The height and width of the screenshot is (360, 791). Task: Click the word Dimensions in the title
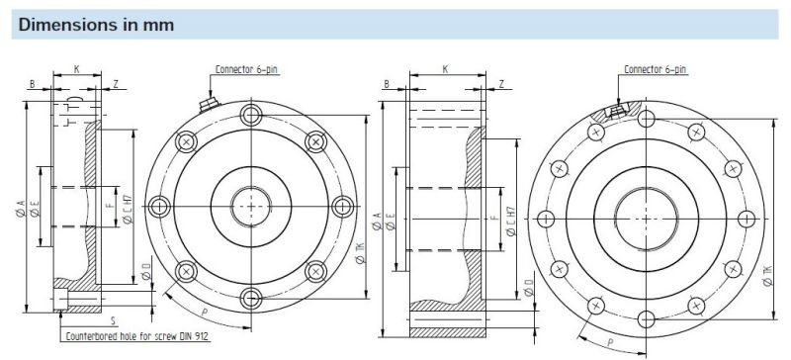pyautogui.click(x=57, y=25)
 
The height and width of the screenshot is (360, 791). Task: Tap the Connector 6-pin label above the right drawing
pyautogui.click(x=655, y=69)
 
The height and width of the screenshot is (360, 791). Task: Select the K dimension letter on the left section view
pyautogui.click(x=76, y=70)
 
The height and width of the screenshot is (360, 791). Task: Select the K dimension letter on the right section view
pyautogui.click(x=445, y=70)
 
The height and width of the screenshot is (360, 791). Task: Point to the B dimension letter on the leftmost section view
pyautogui.click(x=32, y=85)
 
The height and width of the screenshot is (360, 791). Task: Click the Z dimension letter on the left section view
pyautogui.click(x=116, y=85)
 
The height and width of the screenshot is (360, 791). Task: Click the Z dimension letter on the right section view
pyautogui.click(x=502, y=85)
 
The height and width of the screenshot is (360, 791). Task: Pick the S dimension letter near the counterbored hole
pyautogui.click(x=114, y=321)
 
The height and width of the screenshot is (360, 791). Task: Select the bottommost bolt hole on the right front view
pyautogui.click(x=644, y=317)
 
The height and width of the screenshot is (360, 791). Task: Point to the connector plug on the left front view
pyautogui.click(x=210, y=102)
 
